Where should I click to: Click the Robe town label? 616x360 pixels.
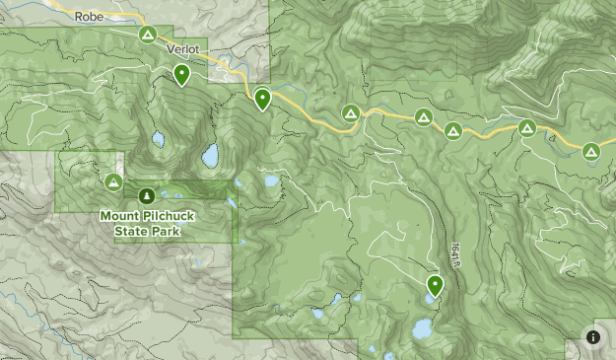coord(89,16)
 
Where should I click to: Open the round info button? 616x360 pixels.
coord(593,336)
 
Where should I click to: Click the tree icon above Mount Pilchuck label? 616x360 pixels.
coord(147,195)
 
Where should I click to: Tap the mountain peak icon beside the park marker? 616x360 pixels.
coord(114,182)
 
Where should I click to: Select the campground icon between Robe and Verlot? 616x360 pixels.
coord(147,35)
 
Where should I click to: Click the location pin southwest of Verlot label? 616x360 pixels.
coord(181,74)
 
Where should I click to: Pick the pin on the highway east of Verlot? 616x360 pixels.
coord(262,98)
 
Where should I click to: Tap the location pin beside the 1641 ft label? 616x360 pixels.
coord(434,285)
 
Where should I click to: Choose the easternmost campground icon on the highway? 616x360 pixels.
coord(590,151)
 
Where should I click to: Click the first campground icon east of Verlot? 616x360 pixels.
coord(350,114)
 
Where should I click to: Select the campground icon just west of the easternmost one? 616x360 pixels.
coord(527,128)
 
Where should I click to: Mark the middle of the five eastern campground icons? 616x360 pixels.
coord(453,130)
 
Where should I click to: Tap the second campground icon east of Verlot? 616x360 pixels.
coord(422,117)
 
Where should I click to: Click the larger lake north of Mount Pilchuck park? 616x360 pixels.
coord(210,155)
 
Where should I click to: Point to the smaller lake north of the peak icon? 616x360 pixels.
coord(158,139)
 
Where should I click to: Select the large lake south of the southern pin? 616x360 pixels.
coord(423,326)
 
